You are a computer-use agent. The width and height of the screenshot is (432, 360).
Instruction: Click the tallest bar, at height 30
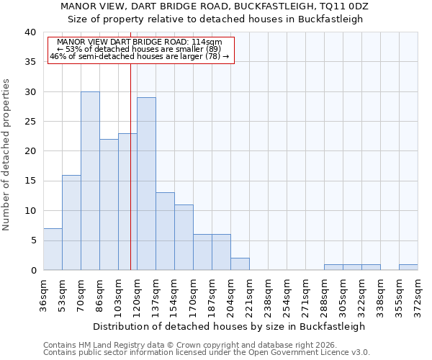pos(90,181)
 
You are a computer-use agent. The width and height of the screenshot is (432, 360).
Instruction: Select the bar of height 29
pos(146,184)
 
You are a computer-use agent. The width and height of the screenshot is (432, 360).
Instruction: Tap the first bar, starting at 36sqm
pos(53,249)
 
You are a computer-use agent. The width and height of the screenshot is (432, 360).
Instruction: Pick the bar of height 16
pos(71,222)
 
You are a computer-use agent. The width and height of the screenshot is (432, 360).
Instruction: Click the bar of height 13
pos(165,231)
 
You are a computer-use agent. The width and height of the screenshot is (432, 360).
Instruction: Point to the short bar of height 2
pos(240,264)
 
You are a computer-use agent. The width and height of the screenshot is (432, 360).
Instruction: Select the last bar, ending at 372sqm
pos(408,267)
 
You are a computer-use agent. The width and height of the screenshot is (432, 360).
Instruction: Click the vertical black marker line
pos(130,166)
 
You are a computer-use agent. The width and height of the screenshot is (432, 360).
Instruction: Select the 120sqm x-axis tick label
pos(138,294)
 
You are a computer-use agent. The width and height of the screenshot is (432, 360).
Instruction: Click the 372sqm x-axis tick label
pos(418,294)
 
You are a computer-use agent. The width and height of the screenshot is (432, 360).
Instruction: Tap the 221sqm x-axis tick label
pos(250,294)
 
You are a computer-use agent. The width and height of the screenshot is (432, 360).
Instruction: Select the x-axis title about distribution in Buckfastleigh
pos(229,326)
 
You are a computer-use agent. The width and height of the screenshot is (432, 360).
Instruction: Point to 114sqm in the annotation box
pos(207,42)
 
